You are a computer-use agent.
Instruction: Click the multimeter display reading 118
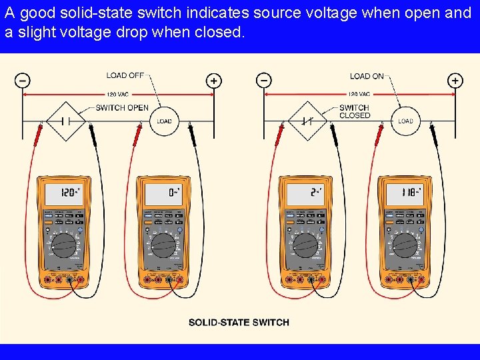tap(405, 194)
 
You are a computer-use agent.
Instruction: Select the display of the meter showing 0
tap(163, 194)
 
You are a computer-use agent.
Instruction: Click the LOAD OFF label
tap(125, 75)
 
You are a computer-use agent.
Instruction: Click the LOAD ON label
tap(367, 76)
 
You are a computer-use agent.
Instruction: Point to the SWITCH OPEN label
tap(122, 107)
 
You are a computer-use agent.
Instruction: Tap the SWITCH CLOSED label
tap(355, 111)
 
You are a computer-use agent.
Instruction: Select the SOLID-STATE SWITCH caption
tap(239, 322)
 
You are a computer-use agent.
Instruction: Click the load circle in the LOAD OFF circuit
tap(164, 121)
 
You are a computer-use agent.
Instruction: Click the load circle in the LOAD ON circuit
tap(405, 121)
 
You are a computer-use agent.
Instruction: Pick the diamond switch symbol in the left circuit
tap(66, 121)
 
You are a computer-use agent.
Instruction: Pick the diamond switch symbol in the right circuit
tap(307, 121)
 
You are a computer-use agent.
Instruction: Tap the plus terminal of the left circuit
tap(213, 81)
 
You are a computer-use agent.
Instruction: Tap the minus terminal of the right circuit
tap(264, 81)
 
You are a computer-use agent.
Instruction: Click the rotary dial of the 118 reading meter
tap(405, 245)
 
